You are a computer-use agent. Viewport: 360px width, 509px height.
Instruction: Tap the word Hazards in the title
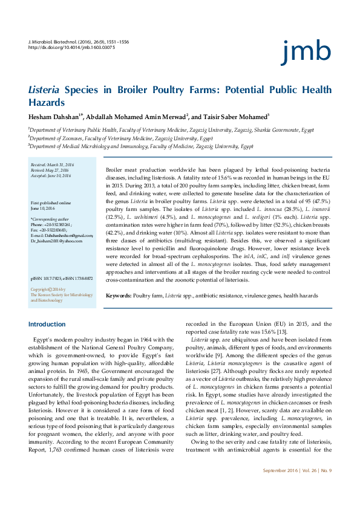coord(48,103)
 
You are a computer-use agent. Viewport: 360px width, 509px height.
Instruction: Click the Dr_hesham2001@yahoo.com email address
coord(56,241)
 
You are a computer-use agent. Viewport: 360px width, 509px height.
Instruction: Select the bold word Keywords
coord(118,295)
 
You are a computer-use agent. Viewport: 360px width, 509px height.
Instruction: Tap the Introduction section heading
coord(47,325)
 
